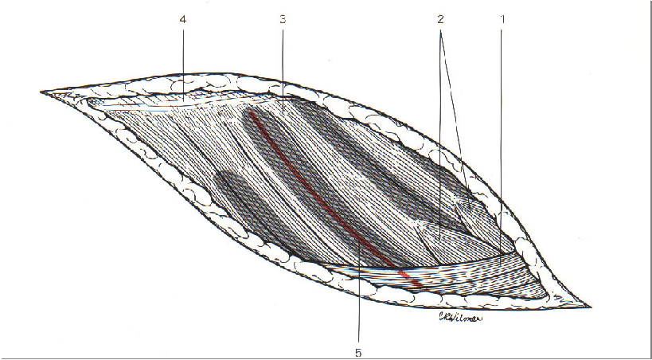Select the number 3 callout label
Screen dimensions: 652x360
click(282, 18)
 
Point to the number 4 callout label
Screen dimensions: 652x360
click(184, 18)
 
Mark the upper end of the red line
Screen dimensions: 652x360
click(250, 112)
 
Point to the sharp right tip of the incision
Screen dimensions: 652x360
click(588, 306)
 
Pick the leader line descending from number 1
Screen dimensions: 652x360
click(502, 135)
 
